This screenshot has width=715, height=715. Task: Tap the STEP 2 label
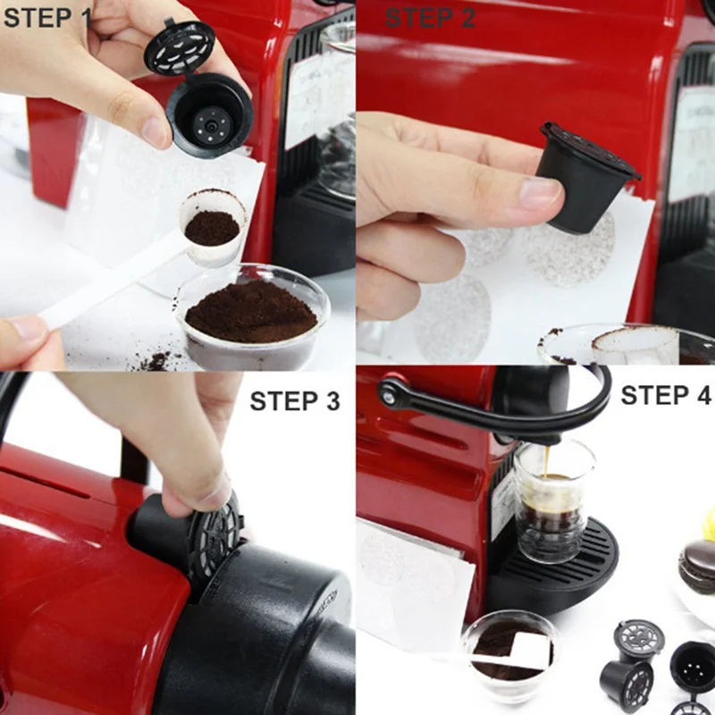pos(430,18)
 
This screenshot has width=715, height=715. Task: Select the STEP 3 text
pos(295,401)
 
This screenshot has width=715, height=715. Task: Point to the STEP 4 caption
pos(665,395)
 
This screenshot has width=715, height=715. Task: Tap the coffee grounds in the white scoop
pos(212,228)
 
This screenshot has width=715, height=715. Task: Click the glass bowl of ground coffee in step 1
pos(251,315)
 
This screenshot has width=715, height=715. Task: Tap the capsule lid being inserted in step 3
pos(214,538)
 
